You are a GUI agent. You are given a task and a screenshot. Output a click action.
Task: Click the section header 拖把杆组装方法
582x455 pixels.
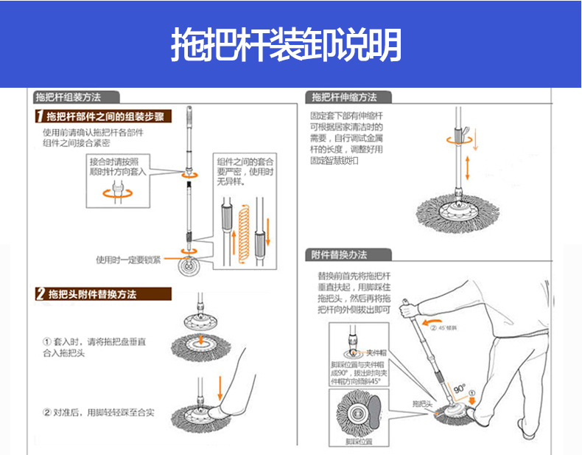[68, 97]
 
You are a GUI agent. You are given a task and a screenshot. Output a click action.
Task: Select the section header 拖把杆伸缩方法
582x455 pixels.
[344, 97]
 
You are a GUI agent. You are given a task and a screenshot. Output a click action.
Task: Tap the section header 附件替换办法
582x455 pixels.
[339, 255]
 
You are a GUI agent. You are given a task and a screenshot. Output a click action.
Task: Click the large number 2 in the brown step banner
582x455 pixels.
[41, 294]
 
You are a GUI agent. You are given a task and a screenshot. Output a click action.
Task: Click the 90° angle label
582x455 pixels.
[459, 387]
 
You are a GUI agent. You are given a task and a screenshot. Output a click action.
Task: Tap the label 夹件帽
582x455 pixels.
[377, 352]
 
